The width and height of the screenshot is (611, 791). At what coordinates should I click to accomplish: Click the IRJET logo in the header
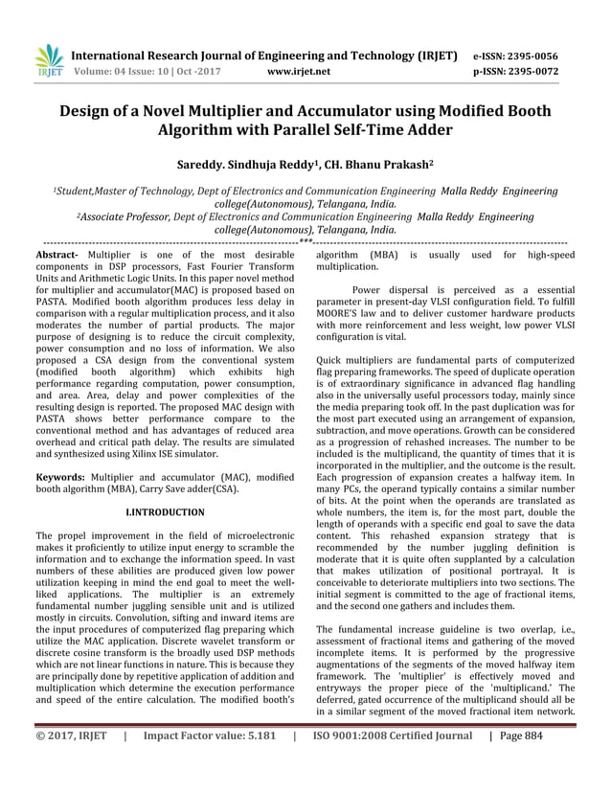coord(49,61)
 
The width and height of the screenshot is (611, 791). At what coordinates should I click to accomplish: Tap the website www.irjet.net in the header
coord(299,71)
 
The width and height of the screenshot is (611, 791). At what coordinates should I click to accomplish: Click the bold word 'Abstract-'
coord(57,256)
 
